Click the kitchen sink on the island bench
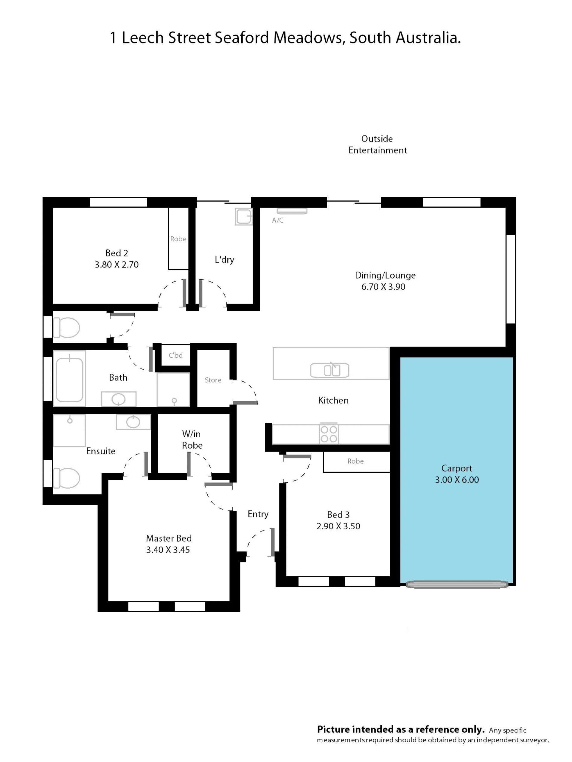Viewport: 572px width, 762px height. (329, 370)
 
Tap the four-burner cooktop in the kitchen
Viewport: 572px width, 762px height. (329, 434)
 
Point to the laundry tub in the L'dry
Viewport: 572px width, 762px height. (243, 216)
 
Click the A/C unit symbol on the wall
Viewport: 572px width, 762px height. (292, 211)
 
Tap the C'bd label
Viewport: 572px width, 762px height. (175, 355)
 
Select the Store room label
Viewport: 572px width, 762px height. (213, 380)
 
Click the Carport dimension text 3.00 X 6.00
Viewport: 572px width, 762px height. (457, 480)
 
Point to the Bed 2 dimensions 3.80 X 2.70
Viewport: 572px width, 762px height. (116, 265)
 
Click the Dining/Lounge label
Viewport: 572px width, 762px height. (385, 275)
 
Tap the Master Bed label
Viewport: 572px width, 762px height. (169, 538)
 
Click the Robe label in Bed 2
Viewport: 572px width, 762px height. (178, 239)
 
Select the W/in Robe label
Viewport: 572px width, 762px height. (192, 440)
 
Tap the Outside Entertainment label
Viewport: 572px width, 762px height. (377, 144)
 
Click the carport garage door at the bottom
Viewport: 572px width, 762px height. (457, 584)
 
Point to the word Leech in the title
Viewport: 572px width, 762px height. (143, 38)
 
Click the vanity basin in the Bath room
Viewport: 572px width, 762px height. (119, 399)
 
